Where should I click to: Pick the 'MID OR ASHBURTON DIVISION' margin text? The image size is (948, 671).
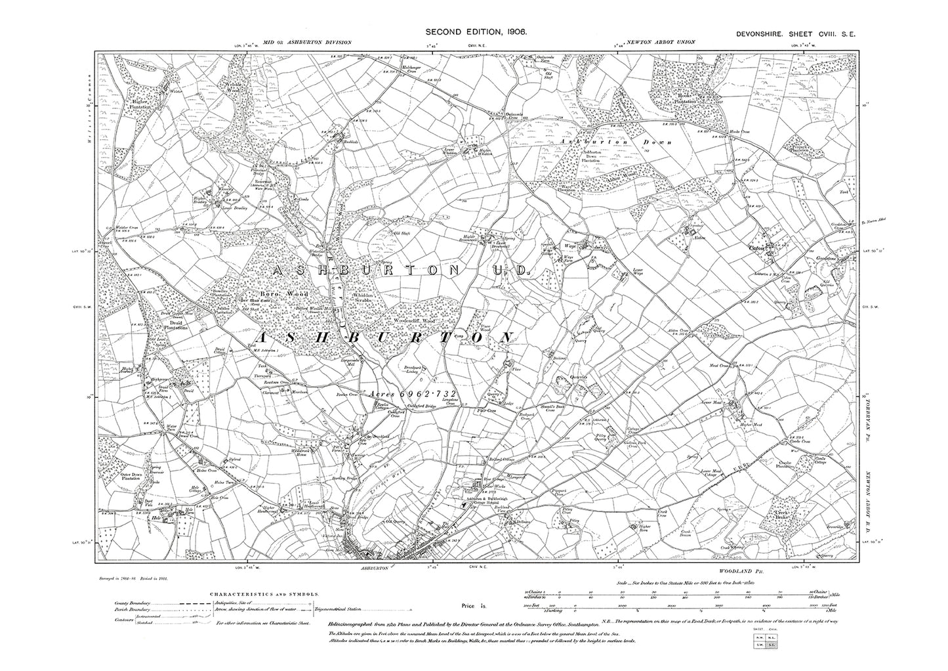pyautogui.click(x=307, y=42)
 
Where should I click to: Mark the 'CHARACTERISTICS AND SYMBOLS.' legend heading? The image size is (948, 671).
pyautogui.click(x=265, y=593)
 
